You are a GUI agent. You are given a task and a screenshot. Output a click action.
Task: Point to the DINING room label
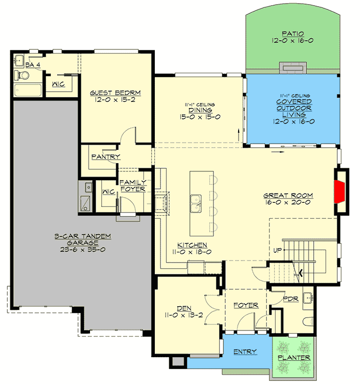[x=197, y=110]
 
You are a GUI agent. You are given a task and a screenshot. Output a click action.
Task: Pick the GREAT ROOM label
[x=288, y=196]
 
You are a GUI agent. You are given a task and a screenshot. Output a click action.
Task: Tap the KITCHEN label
[x=192, y=245]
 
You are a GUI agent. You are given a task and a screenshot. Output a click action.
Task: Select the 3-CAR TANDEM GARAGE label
[x=83, y=239]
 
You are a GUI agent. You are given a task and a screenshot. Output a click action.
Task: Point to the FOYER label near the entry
[x=245, y=305]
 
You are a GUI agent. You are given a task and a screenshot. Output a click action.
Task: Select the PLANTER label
[x=294, y=357]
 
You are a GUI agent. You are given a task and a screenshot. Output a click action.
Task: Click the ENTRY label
[x=245, y=352]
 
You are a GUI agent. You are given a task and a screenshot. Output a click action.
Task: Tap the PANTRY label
[x=105, y=156]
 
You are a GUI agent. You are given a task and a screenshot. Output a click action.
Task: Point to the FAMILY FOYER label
[x=133, y=185]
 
